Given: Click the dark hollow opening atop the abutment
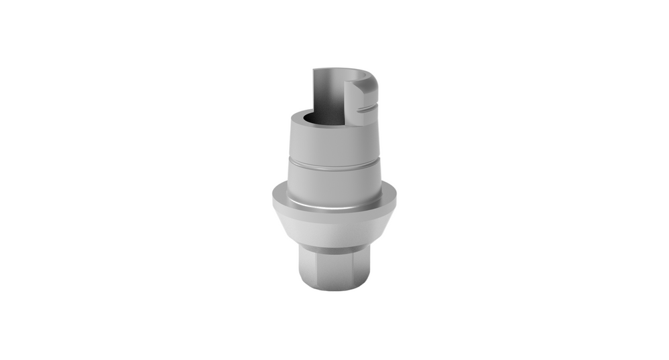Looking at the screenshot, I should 314,119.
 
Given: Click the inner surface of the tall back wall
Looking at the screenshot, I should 331,94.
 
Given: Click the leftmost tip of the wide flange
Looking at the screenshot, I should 273,199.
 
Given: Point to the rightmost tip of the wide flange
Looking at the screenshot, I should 395,199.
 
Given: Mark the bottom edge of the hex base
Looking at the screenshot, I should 334,287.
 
